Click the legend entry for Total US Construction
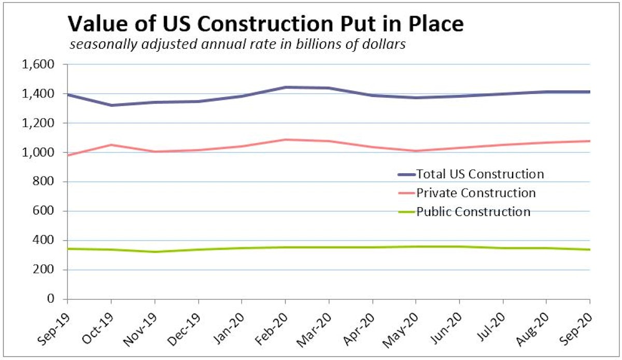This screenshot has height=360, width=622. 480,174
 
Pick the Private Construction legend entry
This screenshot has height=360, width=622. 476,193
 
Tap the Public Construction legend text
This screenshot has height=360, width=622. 473,212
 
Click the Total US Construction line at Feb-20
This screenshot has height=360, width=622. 285,88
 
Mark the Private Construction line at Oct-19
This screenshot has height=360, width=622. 111,145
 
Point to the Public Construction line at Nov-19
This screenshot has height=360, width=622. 154,252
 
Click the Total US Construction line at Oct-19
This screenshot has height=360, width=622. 111,105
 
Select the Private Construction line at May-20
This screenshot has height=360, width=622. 416,151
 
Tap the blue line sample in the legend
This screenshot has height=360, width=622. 406,175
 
